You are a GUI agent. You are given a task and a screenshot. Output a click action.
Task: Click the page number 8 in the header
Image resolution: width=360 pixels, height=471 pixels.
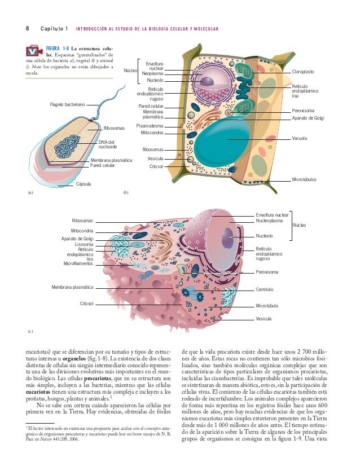(x=27, y=28)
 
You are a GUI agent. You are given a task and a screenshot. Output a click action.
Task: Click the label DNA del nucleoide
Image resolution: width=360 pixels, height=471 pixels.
(x=108, y=144)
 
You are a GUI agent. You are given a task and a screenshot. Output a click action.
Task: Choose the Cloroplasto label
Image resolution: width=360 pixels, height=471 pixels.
(x=303, y=72)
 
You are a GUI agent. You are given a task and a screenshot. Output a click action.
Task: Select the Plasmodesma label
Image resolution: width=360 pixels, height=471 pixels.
(x=150, y=126)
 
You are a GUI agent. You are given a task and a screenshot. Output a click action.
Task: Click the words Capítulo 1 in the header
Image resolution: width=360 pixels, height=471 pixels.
(x=54, y=28)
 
